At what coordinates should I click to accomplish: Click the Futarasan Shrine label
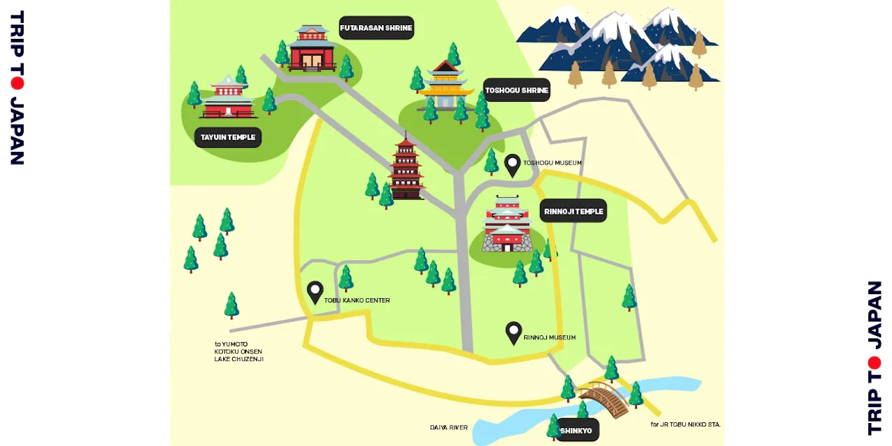click(376, 28)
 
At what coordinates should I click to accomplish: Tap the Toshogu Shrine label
click(516, 90)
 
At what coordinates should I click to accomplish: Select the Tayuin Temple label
click(227, 137)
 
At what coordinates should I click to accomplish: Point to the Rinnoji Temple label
click(573, 210)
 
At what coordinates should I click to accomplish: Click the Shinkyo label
click(576, 431)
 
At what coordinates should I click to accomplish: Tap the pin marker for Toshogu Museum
click(513, 164)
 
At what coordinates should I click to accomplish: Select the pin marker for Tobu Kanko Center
click(315, 291)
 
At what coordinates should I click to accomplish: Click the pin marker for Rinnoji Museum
click(514, 332)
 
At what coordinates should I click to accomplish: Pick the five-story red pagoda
click(406, 169)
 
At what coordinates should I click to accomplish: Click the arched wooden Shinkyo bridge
click(603, 399)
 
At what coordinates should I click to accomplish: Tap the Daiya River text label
click(449, 427)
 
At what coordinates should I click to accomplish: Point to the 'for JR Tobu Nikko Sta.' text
click(685, 424)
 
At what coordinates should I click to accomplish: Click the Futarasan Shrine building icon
click(312, 49)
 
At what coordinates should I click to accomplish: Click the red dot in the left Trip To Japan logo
click(17, 83)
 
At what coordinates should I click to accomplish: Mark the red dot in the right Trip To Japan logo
click(875, 362)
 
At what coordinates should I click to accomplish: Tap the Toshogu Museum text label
click(552, 163)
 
